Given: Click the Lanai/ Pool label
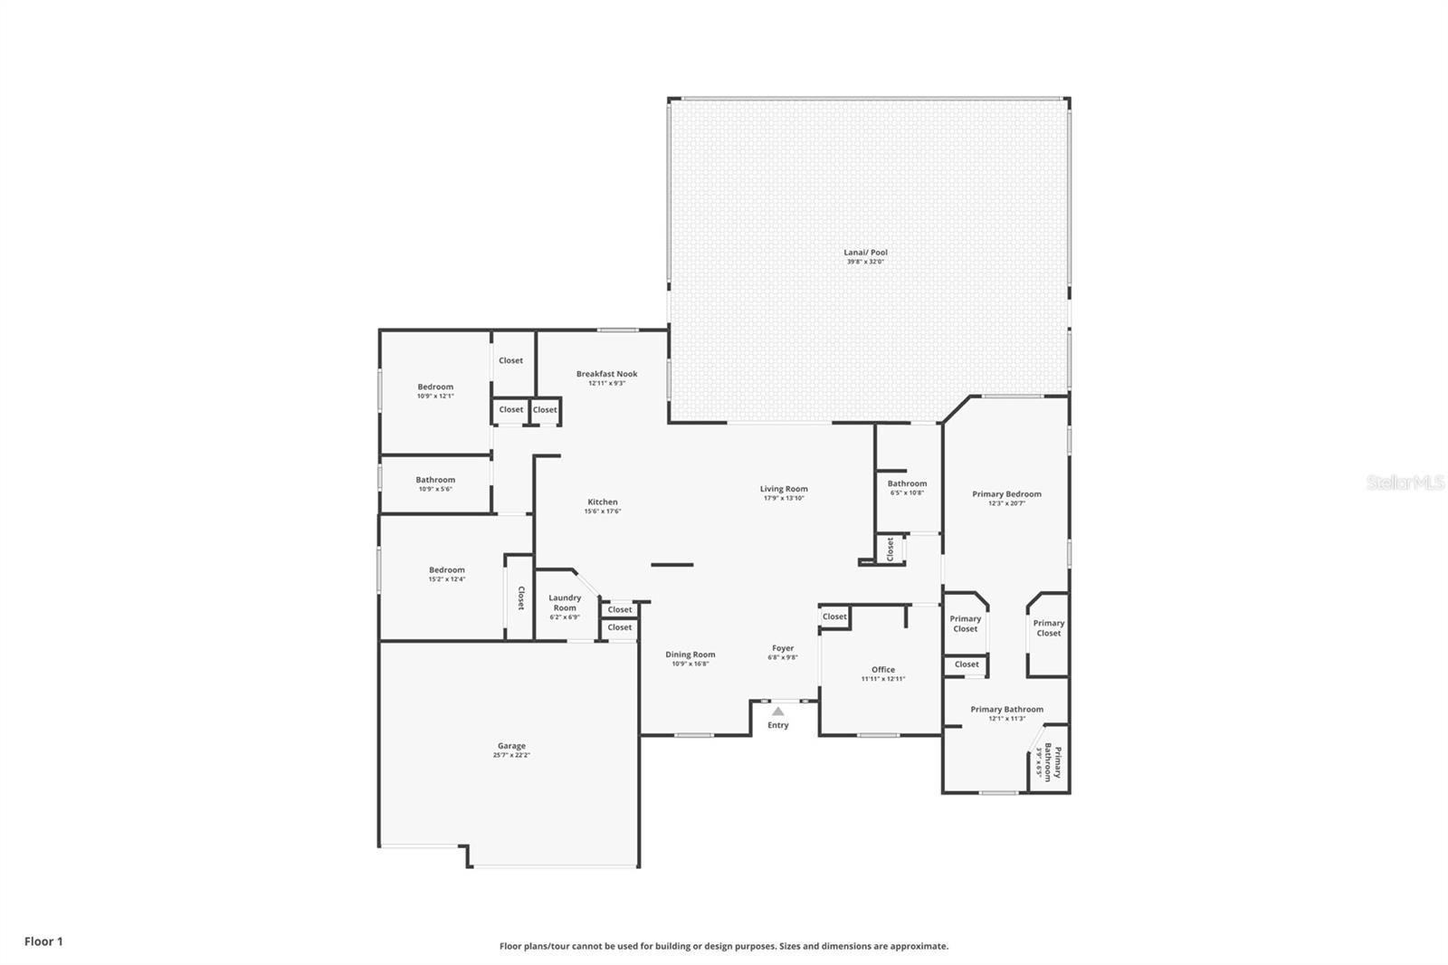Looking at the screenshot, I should [x=866, y=253].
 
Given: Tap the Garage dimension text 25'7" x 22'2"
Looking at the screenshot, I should [x=511, y=755].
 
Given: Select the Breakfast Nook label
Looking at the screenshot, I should [x=606, y=373].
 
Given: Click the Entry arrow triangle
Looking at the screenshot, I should [x=778, y=712].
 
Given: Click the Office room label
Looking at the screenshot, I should [x=882, y=670].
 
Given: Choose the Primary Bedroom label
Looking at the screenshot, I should [x=1006, y=494].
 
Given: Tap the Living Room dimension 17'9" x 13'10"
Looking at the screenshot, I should [x=784, y=498].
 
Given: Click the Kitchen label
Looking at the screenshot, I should [x=603, y=502].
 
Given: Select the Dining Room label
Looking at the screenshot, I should [x=691, y=654].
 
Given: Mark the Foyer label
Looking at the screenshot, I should [x=783, y=648].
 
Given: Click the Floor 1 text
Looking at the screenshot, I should [x=43, y=941].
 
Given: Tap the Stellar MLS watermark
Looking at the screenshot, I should [x=1405, y=483].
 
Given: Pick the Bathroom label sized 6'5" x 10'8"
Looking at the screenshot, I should [x=907, y=483].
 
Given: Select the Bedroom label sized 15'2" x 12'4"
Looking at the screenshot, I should [x=447, y=570].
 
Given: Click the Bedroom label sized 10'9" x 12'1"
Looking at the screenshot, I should [x=435, y=387].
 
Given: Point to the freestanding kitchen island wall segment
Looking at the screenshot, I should [x=672, y=565].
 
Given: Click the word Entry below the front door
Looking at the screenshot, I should [x=778, y=725].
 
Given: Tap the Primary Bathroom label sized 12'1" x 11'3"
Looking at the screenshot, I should [x=1006, y=710].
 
